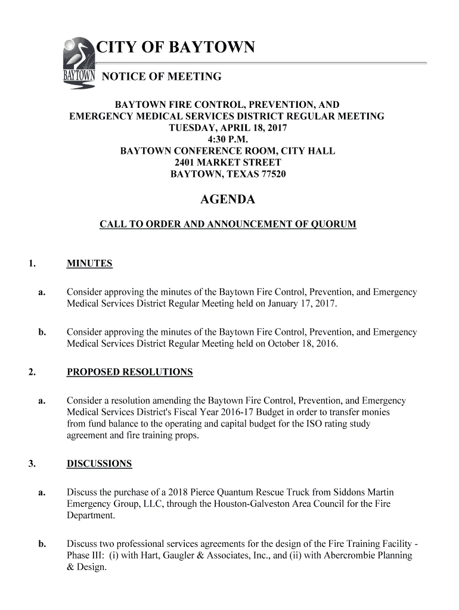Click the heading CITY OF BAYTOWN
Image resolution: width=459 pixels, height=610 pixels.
(176, 47)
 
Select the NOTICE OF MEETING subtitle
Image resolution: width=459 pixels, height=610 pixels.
(162, 77)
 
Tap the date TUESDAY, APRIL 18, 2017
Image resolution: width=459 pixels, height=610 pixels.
(227, 128)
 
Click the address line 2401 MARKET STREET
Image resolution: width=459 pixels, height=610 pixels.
(227, 163)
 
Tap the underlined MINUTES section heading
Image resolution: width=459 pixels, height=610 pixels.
(89, 263)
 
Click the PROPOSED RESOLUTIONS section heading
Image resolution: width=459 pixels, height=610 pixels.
(129, 372)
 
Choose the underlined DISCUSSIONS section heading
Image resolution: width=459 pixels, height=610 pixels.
(99, 464)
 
